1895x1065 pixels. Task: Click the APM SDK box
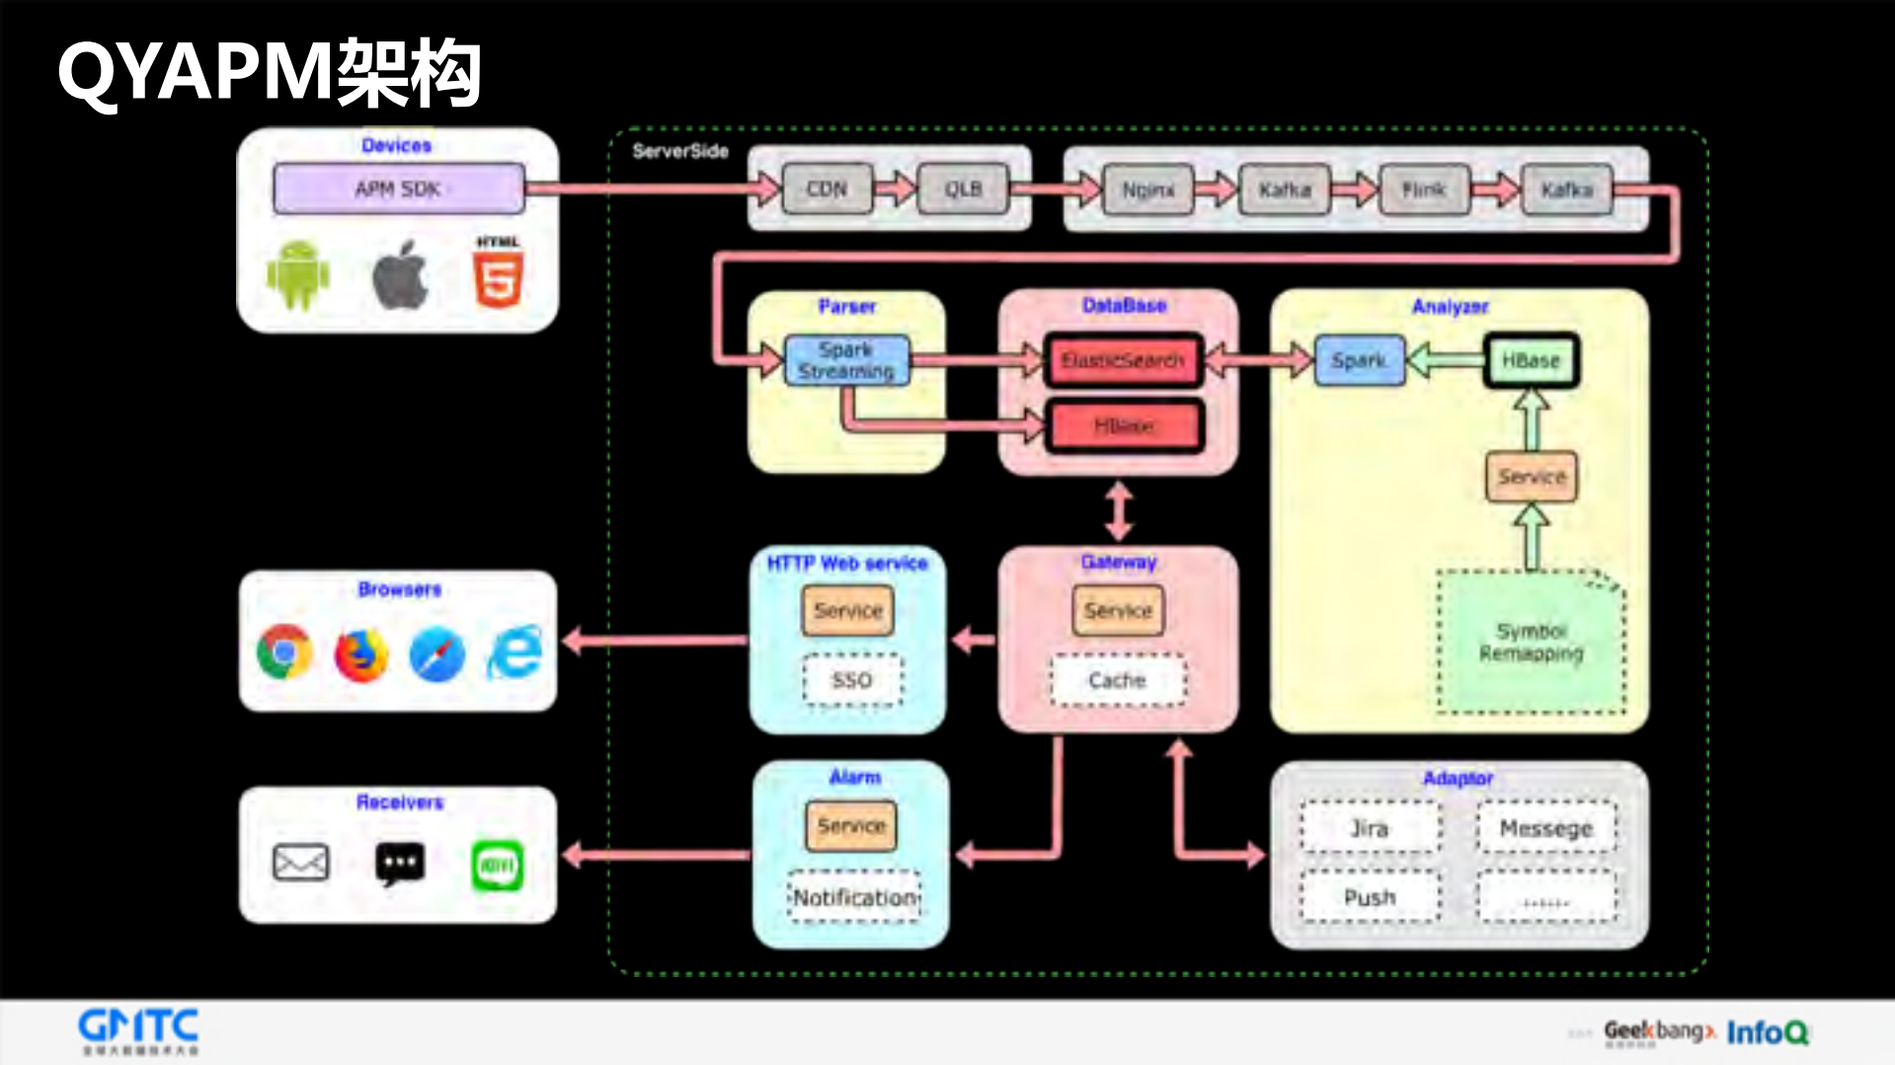point(398,189)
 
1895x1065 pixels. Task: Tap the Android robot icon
point(298,275)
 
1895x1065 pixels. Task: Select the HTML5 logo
point(498,275)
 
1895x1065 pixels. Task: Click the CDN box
point(827,189)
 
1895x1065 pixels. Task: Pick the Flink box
point(1423,189)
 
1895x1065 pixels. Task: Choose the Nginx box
point(1147,189)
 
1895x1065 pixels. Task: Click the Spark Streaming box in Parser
point(846,360)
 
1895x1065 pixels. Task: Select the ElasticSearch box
point(1123,360)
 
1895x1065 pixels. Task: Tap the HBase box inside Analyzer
point(1531,360)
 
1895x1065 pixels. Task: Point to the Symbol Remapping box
point(1531,642)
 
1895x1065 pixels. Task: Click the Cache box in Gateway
point(1117,680)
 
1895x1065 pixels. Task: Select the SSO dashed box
point(851,680)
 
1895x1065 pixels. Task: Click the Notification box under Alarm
point(854,897)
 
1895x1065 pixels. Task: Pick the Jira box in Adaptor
point(1370,828)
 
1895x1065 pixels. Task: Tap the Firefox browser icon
point(360,653)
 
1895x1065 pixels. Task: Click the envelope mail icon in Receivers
point(300,862)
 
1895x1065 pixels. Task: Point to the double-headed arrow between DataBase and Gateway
point(1118,510)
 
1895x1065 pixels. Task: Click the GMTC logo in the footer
point(138,1029)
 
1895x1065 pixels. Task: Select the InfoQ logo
point(1767,1032)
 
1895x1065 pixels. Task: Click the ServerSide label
point(680,151)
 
